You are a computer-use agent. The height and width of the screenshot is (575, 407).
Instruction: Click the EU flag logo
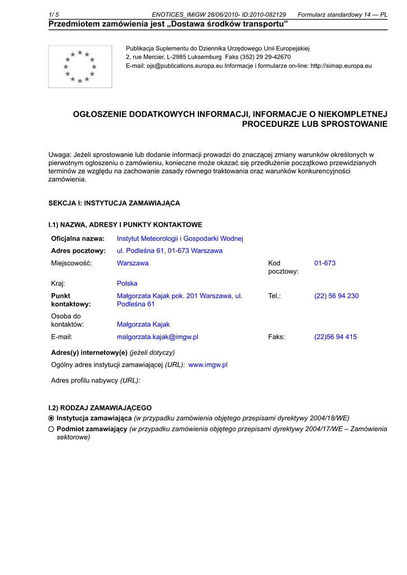(x=80, y=67)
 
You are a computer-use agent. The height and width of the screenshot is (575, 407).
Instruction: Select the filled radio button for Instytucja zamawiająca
(x=52, y=418)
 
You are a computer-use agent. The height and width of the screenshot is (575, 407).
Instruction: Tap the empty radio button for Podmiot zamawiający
(x=52, y=429)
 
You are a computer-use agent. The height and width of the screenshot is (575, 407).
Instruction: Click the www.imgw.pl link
(x=207, y=365)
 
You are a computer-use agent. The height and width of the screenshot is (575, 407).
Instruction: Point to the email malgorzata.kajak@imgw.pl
(x=157, y=337)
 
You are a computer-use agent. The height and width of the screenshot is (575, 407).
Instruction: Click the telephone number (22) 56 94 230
(x=336, y=296)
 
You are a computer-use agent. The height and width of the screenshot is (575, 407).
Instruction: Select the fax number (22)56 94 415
(x=335, y=337)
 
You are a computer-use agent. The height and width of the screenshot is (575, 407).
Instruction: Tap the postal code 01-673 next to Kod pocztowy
(x=325, y=263)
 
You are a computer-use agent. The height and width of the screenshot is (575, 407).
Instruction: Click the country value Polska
(x=127, y=284)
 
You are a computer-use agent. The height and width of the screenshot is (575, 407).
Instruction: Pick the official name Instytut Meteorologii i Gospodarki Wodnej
(x=180, y=239)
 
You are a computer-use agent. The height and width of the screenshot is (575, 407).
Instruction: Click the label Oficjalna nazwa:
(x=78, y=239)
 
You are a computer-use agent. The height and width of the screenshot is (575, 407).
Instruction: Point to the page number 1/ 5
(x=54, y=15)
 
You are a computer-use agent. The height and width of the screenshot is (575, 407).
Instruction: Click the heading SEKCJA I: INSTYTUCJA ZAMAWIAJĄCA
(x=114, y=203)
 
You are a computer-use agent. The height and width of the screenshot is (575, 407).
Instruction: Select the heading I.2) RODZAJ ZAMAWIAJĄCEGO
(x=100, y=408)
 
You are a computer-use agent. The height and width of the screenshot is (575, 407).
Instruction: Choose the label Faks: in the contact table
(x=277, y=337)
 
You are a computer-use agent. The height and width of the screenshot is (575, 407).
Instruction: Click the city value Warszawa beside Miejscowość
(x=133, y=263)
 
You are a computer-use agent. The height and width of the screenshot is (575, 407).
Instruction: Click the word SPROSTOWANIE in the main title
(x=354, y=124)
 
